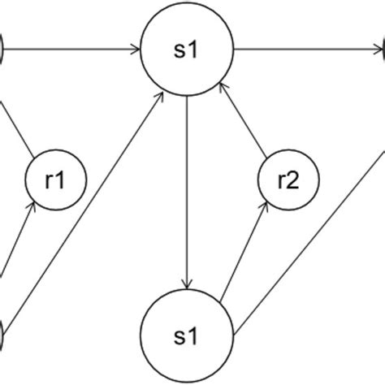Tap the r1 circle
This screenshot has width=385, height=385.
click(55, 181)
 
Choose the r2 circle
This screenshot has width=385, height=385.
click(287, 181)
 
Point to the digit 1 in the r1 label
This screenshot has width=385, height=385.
click(63, 181)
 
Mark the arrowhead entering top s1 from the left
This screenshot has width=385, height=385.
click(134, 50)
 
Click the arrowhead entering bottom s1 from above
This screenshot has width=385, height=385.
click(188, 282)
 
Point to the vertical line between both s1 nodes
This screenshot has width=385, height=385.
click(188, 187)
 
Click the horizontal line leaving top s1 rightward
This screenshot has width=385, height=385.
click(309, 50)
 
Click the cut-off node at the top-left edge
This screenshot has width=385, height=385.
click(2, 50)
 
